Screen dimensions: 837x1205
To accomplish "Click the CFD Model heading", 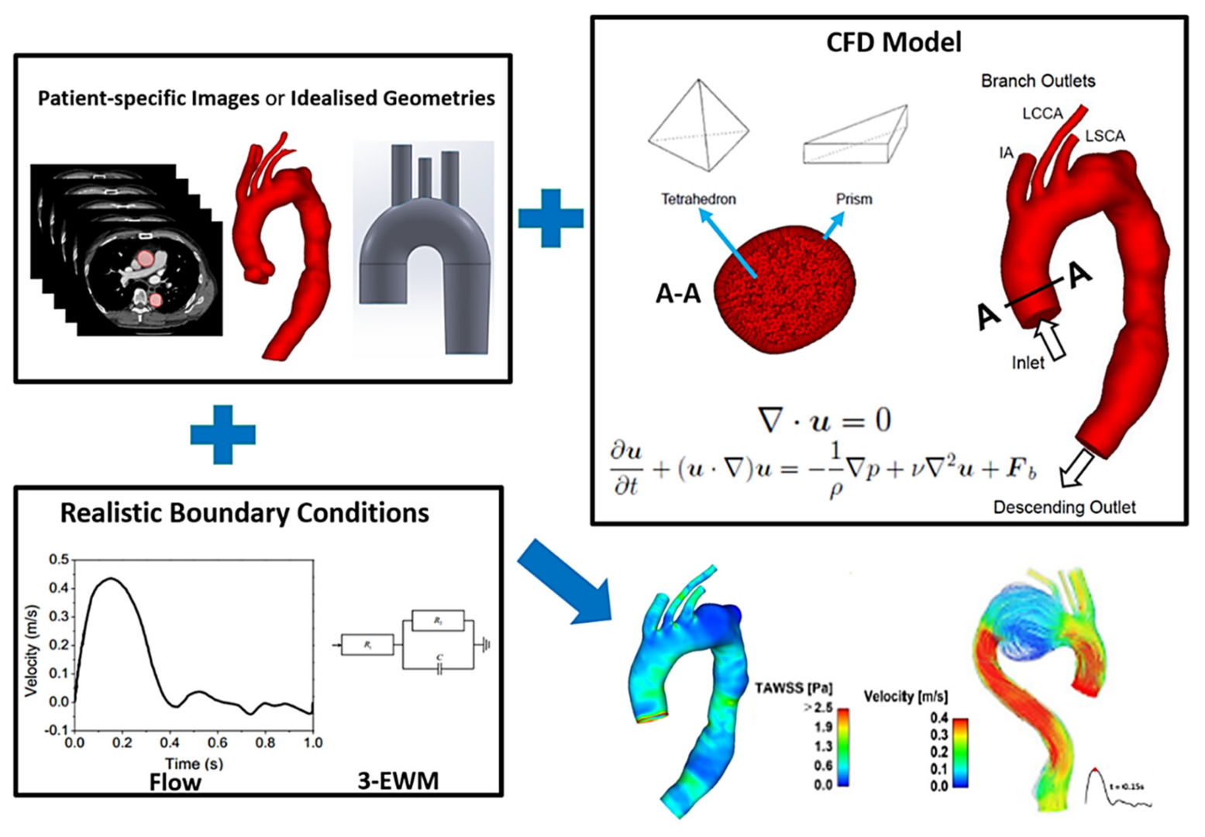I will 893,42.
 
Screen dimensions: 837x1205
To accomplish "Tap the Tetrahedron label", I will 698,199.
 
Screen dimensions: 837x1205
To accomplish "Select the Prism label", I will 854,199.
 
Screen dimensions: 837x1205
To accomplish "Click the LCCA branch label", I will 1042,114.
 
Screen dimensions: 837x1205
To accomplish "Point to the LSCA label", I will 1104,136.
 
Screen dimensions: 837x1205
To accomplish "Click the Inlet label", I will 1028,363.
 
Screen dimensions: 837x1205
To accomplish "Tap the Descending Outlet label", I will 1064,508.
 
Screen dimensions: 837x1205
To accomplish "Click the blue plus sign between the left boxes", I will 223,435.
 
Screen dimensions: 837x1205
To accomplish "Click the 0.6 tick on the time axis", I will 217,743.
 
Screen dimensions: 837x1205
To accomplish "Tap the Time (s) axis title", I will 194,763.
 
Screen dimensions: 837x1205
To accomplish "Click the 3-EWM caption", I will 398,780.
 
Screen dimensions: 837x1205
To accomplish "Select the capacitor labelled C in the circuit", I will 439,667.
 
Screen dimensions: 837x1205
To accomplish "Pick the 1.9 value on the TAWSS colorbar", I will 823,727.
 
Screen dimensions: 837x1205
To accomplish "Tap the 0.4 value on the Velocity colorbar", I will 938,718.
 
